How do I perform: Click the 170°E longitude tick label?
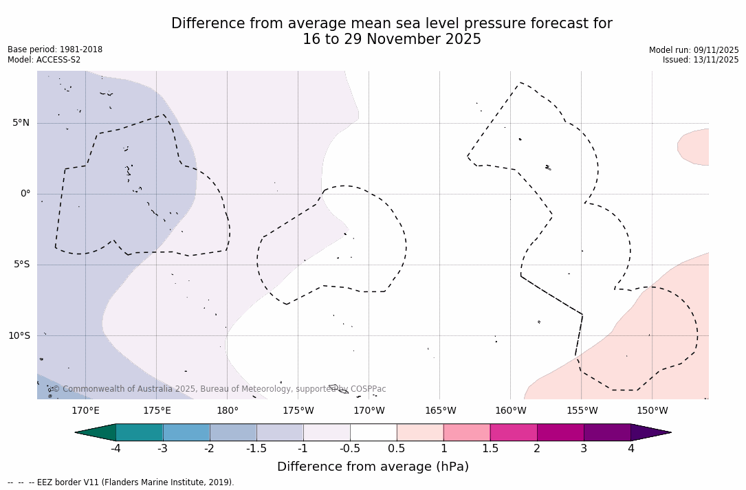[x=85, y=411]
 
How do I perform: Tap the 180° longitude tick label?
[x=228, y=411]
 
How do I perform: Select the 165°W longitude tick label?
[x=440, y=411]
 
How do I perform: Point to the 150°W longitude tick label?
[x=652, y=411]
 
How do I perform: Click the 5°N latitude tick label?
[x=21, y=123]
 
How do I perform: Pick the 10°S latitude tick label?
[x=19, y=336]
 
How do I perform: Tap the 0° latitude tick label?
[x=25, y=194]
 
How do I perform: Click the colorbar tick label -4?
[x=116, y=449]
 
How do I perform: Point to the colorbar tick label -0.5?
[x=349, y=449]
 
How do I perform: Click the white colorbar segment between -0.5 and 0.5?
[x=373, y=432]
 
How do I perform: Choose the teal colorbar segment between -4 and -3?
[x=140, y=432]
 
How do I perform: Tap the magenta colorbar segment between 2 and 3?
[x=560, y=432]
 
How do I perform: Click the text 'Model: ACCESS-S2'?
[x=44, y=60]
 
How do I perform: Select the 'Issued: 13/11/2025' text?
[x=701, y=60]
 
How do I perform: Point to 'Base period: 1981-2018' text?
[x=55, y=50]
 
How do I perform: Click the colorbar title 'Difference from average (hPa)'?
[x=373, y=467]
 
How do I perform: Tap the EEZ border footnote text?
[x=121, y=482]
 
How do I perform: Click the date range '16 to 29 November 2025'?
[x=392, y=39]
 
